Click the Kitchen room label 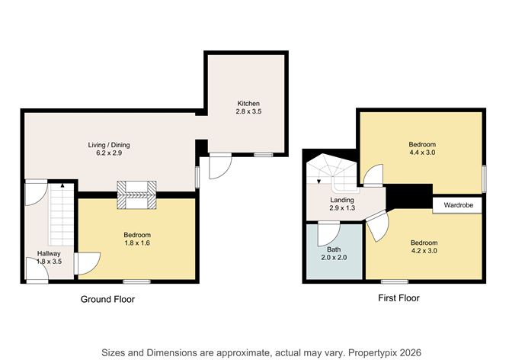tap(248, 104)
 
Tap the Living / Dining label tap(109, 145)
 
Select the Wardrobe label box tap(457, 205)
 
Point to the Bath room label tap(334, 249)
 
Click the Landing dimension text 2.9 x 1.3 tap(342, 208)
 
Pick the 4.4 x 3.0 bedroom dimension tap(422, 153)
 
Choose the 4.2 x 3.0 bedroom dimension tap(424, 251)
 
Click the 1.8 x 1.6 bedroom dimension tap(137, 243)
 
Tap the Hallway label tap(49, 253)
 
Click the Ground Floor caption tap(107, 299)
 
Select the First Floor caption tap(399, 298)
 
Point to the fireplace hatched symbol tap(136, 195)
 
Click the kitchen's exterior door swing tap(220, 166)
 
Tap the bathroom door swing tap(328, 234)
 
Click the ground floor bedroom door tap(87, 263)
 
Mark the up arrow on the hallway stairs tap(62, 185)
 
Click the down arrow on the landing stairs tap(319, 182)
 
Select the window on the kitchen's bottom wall tap(264, 155)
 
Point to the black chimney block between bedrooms tap(410, 196)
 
